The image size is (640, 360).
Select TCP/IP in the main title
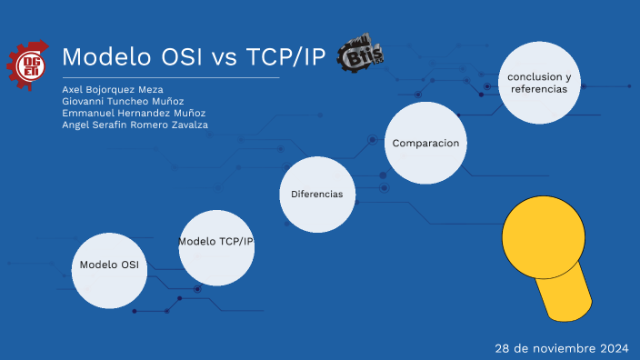pos(283,57)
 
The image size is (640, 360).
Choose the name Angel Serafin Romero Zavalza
pos(135,125)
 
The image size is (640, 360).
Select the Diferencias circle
pos(316,194)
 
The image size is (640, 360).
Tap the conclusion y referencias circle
pos(540,83)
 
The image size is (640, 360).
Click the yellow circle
pos(543,235)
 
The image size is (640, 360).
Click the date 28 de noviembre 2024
pos(562,348)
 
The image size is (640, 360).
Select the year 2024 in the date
pos(614,348)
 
